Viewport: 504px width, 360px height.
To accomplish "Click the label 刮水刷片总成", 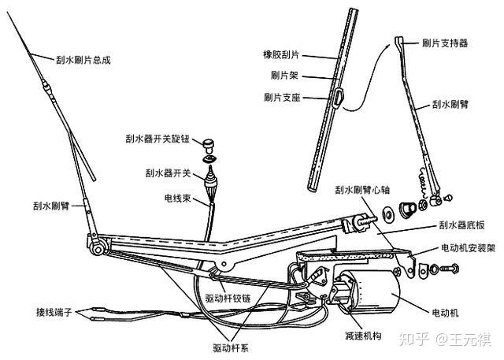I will [83, 58].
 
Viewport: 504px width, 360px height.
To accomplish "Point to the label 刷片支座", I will [284, 98].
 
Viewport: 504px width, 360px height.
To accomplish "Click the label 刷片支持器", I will [444, 43].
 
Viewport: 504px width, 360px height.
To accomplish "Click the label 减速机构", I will [361, 336].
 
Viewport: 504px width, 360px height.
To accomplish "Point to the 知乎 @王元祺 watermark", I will [444, 340].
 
